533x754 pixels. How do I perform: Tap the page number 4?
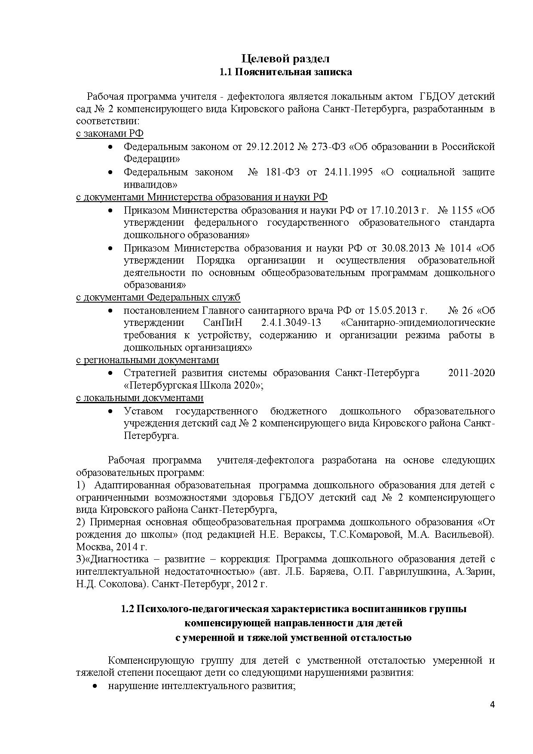coord(492,704)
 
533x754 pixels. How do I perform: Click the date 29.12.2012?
coord(269,147)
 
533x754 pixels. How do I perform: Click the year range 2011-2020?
coord(471,372)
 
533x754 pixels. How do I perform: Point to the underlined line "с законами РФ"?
coord(110,133)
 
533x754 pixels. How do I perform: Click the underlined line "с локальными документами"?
coord(140,398)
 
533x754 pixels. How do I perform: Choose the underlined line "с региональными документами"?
coord(147,360)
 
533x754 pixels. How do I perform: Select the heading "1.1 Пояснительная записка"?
coord(285,72)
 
